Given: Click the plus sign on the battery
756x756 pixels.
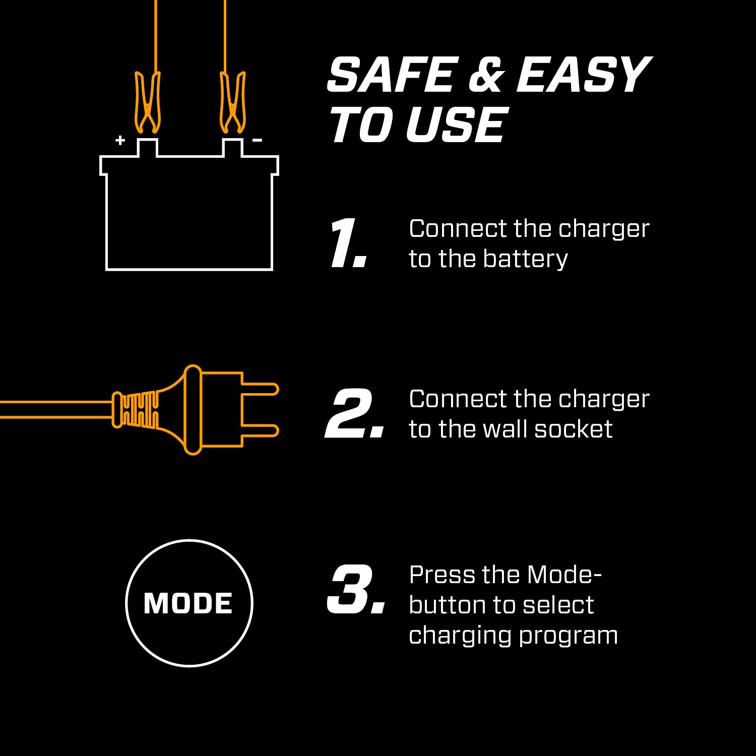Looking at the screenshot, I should click(x=120, y=140).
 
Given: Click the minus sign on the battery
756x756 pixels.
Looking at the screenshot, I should click(x=257, y=140).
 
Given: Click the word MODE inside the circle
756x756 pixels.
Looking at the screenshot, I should click(x=188, y=603).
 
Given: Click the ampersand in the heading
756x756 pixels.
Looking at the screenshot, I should click(x=486, y=75).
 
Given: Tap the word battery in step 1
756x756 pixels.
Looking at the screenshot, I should click(x=525, y=259).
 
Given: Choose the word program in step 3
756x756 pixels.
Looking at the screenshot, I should click(x=568, y=636).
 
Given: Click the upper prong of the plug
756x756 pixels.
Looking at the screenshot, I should click(x=260, y=389).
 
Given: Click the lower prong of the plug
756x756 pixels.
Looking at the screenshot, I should click(x=260, y=430).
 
